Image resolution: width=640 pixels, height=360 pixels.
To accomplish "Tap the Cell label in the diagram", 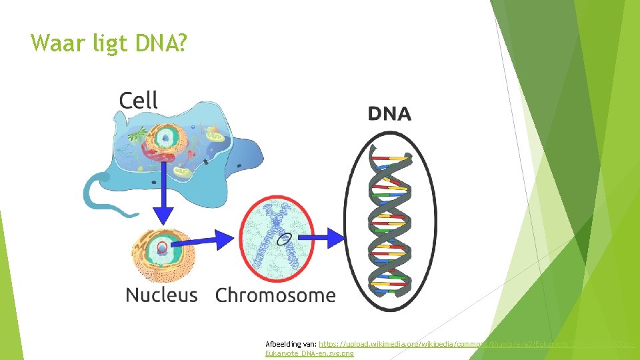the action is tap(138, 101).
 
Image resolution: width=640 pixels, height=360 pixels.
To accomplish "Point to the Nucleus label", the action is tap(161, 295).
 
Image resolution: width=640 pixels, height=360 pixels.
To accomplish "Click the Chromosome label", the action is tap(275, 295).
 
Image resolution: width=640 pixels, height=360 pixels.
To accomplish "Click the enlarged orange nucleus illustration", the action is tap(163, 253).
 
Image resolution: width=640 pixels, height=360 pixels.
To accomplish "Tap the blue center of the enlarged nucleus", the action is tap(161, 250).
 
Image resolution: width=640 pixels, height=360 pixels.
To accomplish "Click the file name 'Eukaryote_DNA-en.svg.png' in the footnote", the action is tap(309, 353).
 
